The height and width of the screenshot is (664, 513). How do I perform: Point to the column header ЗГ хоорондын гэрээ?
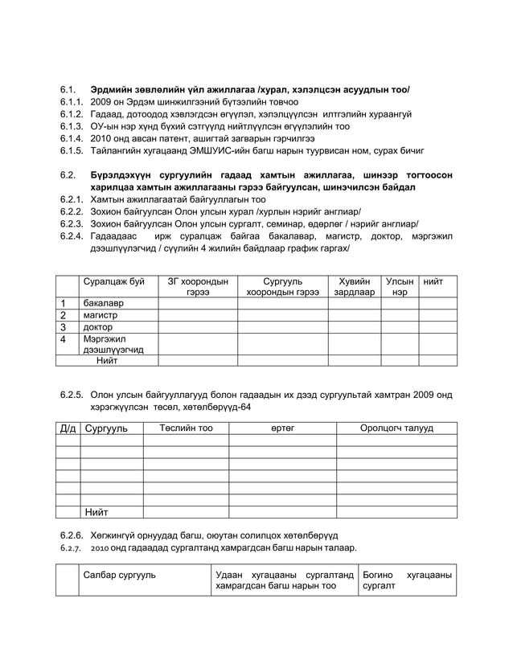pyautogui.click(x=197, y=287)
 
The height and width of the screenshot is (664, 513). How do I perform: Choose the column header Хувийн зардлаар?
pyautogui.click(x=355, y=287)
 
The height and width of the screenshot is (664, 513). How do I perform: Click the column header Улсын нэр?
pyautogui.click(x=400, y=287)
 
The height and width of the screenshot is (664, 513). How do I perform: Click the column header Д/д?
pyautogui.click(x=68, y=428)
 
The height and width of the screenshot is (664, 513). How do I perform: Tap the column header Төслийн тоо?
pyautogui.click(x=186, y=428)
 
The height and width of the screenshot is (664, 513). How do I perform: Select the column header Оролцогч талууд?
pyautogui.click(x=396, y=428)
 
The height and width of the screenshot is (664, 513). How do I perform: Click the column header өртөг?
pyautogui.click(x=282, y=428)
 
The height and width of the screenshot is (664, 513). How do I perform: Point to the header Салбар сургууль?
pyautogui.click(x=120, y=575)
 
